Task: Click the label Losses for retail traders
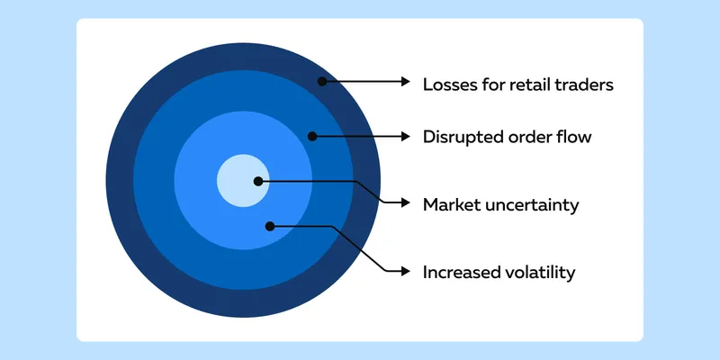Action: (x=518, y=85)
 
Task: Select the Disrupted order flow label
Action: (x=507, y=137)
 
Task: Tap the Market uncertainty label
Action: (x=501, y=205)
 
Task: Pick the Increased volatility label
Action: (x=499, y=273)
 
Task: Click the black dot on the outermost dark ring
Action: (x=322, y=81)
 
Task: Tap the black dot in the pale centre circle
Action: (x=258, y=182)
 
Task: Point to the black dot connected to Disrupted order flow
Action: (x=312, y=137)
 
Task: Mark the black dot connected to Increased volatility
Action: (x=270, y=227)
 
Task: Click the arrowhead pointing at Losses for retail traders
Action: (x=406, y=81)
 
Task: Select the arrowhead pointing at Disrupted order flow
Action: (x=406, y=137)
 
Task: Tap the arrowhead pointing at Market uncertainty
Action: (x=406, y=202)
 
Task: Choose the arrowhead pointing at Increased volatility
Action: (x=406, y=272)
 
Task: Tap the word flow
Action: (x=574, y=137)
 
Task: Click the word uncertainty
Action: (x=533, y=205)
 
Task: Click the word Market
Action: (x=453, y=205)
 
